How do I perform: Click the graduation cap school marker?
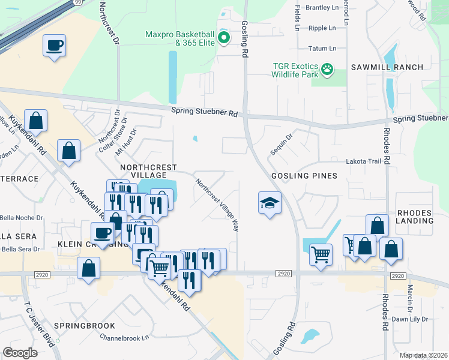(270, 203)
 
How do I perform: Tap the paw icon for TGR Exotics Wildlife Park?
(327, 70)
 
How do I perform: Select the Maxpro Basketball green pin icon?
(224, 38)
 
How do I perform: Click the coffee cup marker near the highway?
(54, 46)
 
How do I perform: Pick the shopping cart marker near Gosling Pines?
(321, 254)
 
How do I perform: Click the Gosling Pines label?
(304, 176)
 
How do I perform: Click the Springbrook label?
(84, 326)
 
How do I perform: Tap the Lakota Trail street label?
(363, 161)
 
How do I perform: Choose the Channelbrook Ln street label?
(124, 338)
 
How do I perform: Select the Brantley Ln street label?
(322, 8)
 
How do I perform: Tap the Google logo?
(20, 353)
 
